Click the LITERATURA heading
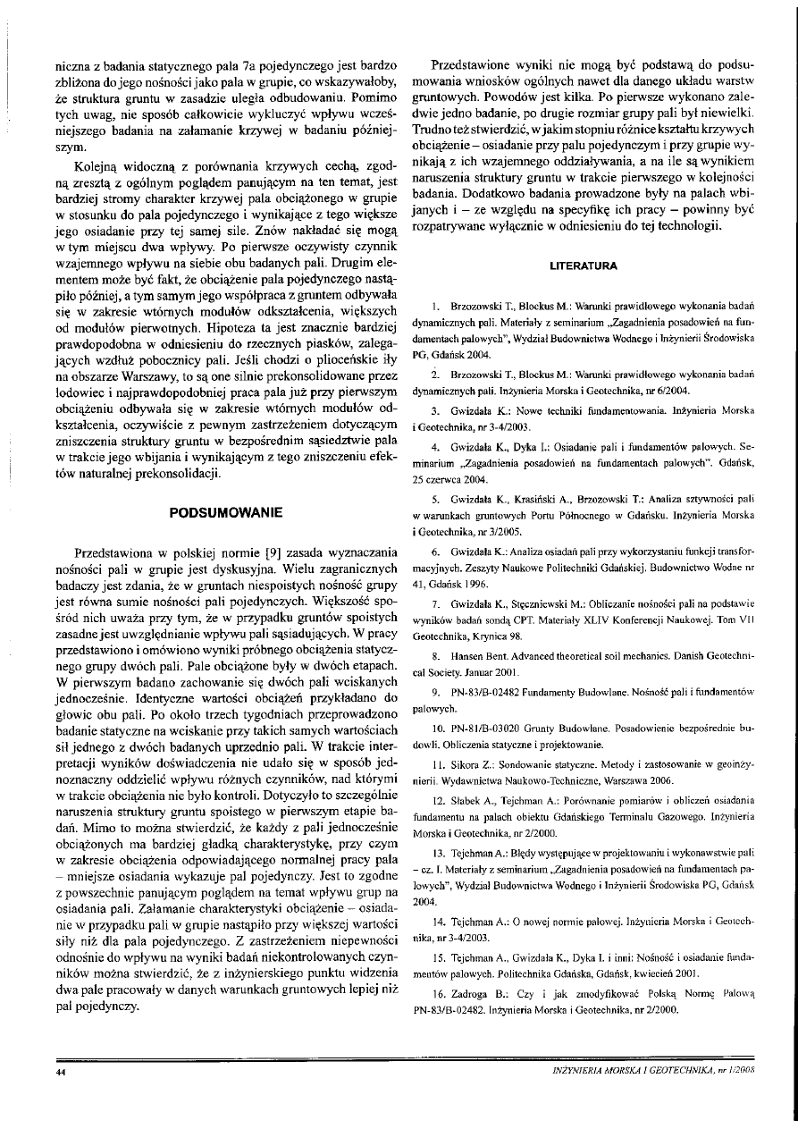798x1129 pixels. [587, 265]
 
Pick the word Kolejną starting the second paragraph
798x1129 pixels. [80, 167]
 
